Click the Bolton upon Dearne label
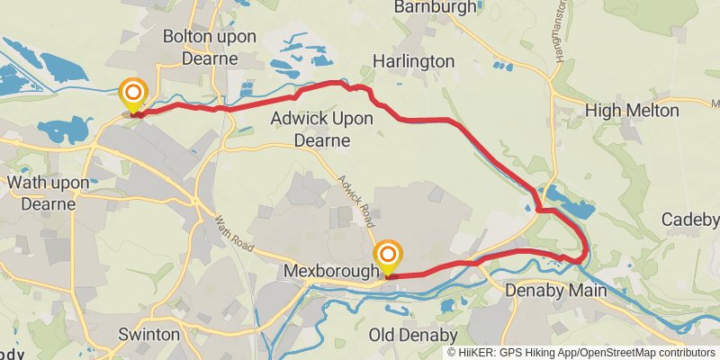[210, 48]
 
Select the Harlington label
[414, 61]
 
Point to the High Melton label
[630, 110]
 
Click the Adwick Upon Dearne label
[310, 130]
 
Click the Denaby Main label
[552, 291]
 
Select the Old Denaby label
[414, 335]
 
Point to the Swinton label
[149, 335]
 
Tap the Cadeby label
[690, 220]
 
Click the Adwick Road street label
[355, 199]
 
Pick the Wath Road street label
[230, 231]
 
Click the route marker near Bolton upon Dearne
[133, 94]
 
